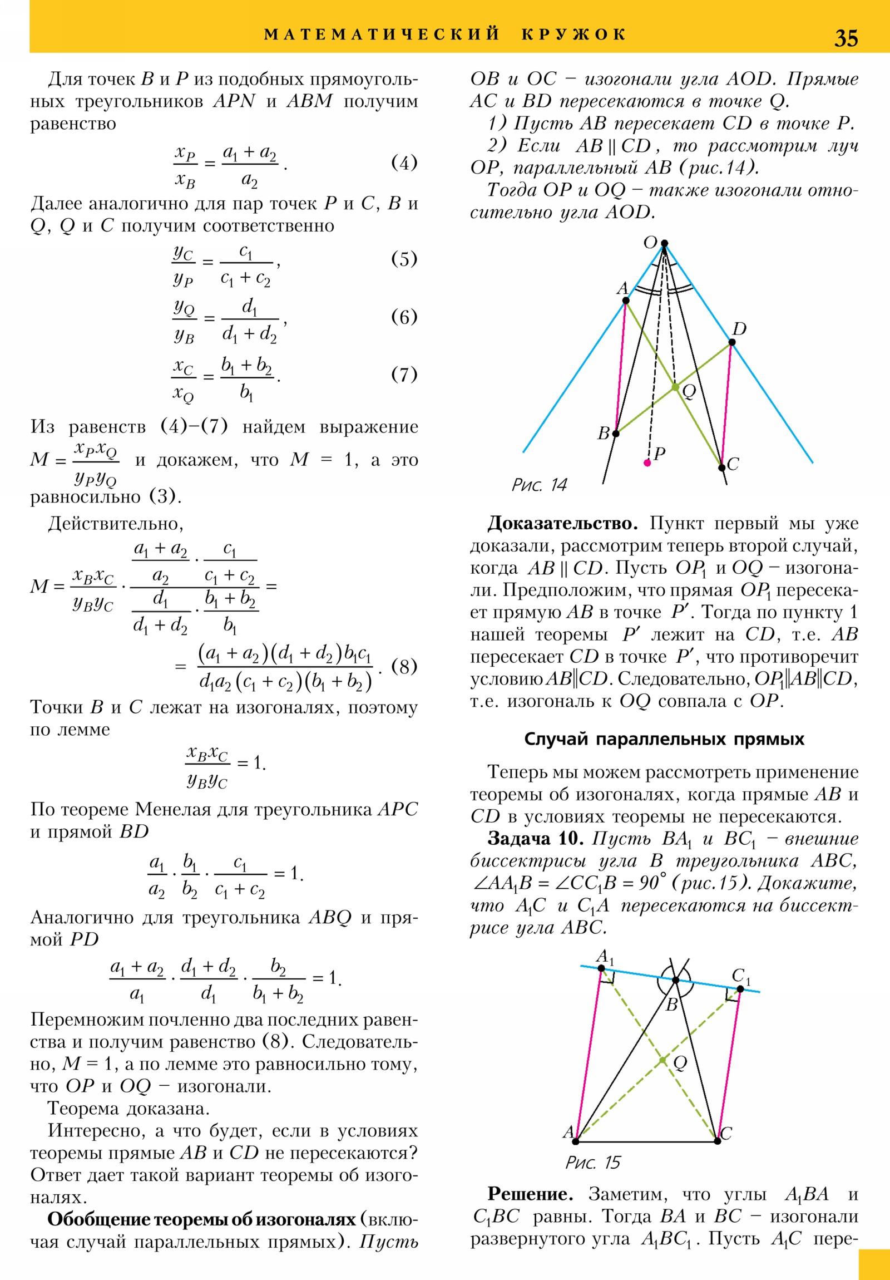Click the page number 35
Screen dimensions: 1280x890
click(845, 38)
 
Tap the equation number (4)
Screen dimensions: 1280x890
click(404, 163)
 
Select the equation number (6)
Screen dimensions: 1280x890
click(404, 317)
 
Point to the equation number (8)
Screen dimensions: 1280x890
click(404, 666)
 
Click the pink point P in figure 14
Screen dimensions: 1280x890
click(647, 462)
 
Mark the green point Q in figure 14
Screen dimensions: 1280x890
click(675, 387)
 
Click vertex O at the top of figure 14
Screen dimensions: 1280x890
click(664, 244)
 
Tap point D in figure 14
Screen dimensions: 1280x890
click(732, 342)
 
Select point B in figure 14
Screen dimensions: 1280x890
click(616, 433)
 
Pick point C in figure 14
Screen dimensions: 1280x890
click(721, 467)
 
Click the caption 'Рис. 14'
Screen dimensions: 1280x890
click(539, 485)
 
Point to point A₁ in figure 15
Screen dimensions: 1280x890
click(601, 968)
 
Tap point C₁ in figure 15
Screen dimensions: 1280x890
click(740, 989)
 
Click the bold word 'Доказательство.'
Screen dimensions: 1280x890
click(562, 524)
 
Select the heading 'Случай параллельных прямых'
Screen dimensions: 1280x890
click(664, 739)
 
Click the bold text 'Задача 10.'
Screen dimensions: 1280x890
click(536, 839)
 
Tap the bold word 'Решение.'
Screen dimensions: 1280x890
click(530, 1194)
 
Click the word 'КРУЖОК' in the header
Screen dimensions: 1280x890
click(574, 35)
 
